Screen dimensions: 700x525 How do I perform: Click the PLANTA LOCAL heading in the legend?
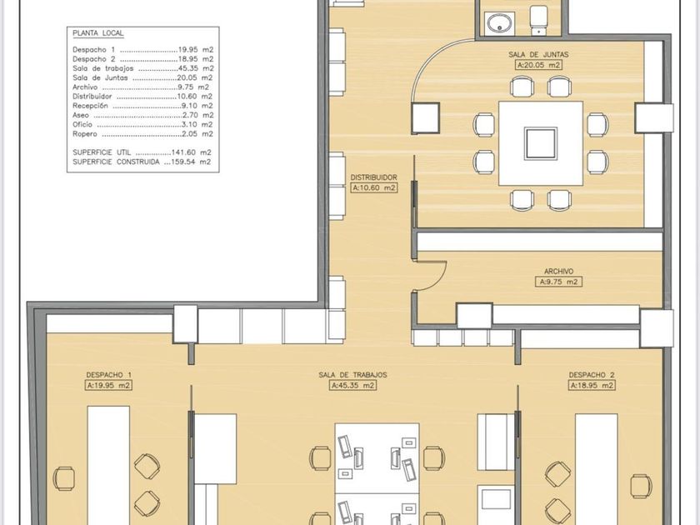pos(97,33)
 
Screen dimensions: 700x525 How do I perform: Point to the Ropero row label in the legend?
pos(85,133)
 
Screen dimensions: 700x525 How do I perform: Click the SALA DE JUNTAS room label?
pos(538,54)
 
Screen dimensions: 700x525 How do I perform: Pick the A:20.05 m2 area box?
pos(538,65)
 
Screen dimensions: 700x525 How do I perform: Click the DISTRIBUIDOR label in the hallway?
pos(373,177)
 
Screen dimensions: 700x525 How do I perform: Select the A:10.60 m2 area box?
pos(374,188)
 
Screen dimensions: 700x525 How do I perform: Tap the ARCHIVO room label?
pos(558,271)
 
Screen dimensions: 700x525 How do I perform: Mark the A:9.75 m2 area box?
pos(558,282)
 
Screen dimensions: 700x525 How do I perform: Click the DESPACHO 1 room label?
pos(108,375)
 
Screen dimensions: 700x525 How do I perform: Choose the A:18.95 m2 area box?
pos(592,385)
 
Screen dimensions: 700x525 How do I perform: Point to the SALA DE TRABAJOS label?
pos(352,375)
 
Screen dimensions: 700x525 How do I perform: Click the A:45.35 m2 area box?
pos(352,385)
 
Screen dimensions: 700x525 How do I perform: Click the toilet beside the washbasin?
pos(538,19)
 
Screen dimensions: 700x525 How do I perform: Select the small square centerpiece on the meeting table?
pos(541,143)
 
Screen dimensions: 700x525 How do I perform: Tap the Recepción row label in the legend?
pos(90,106)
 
